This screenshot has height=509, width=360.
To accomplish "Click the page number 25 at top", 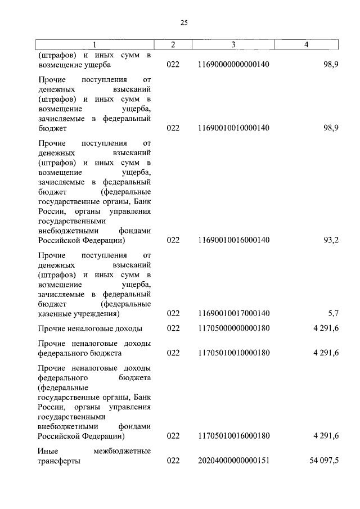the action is point(184,22).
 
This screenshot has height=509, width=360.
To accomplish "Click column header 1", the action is point(94,44).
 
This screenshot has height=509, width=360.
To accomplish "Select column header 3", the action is point(233,44).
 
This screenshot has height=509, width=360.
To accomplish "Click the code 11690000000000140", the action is point(233,65).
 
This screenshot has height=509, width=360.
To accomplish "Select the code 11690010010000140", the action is point(233,128).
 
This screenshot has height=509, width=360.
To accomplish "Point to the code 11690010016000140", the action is point(233,240).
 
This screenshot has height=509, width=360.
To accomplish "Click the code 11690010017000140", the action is point(233,313).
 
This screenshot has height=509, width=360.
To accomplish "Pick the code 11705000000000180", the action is point(233,328).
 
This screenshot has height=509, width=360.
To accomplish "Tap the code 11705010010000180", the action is point(233,353).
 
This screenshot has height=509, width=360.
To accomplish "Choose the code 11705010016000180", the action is point(233,436).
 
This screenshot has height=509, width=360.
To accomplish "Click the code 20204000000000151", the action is point(233,461).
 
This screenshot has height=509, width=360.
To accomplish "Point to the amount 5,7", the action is point(333,313).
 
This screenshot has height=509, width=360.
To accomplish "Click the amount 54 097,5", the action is point(324,461).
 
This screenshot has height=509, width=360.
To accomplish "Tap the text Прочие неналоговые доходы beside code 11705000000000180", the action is point(90,328).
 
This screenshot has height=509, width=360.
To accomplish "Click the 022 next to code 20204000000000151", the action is point(173,461).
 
